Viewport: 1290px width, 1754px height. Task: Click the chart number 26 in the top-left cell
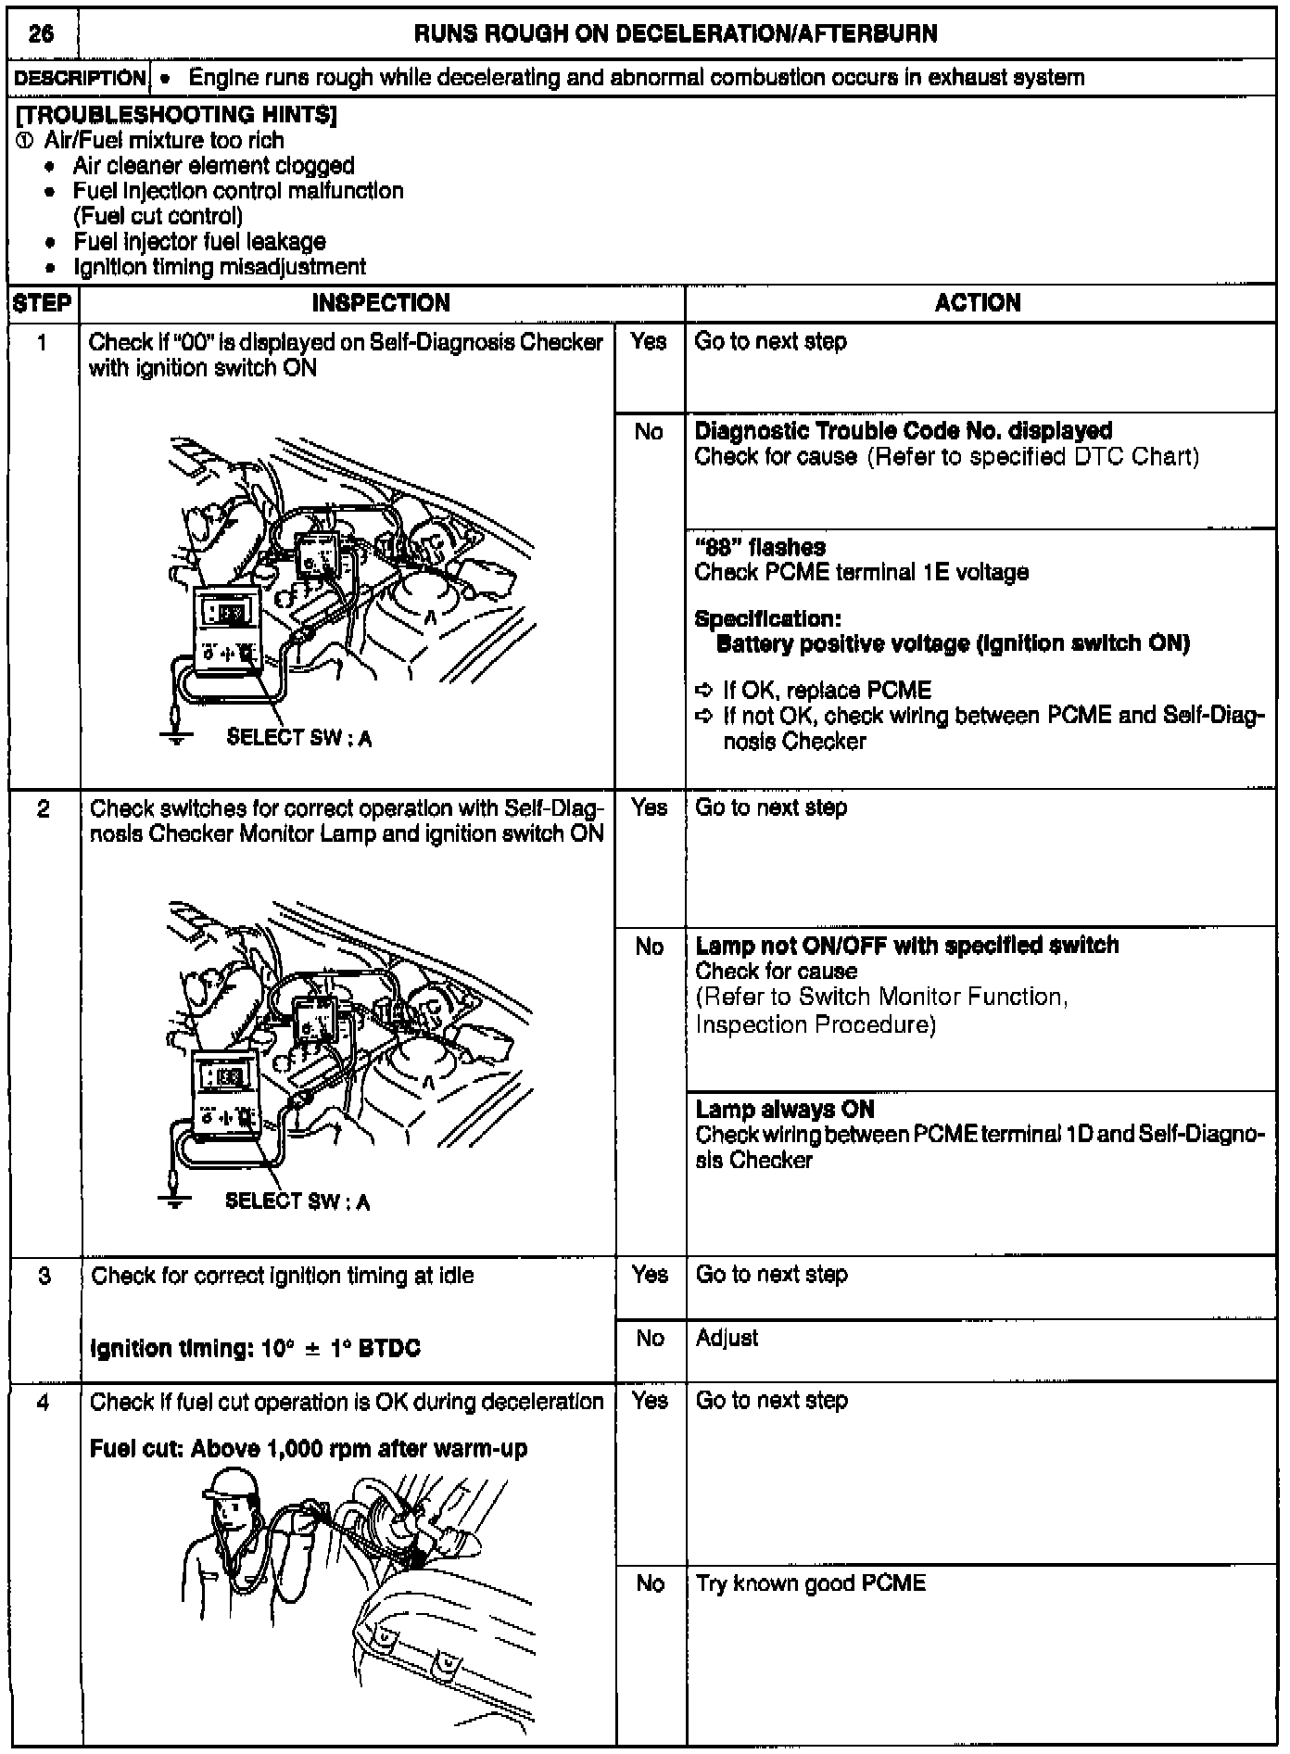[41, 34]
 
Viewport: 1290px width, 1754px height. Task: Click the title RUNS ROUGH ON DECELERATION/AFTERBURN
[676, 34]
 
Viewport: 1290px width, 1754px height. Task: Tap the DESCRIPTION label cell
[80, 78]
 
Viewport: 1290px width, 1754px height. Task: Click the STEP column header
[43, 303]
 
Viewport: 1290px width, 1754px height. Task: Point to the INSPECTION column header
[381, 303]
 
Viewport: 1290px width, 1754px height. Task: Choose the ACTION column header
[978, 303]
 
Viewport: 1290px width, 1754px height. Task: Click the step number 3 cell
[44, 1276]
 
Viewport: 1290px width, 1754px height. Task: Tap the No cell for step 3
[650, 1338]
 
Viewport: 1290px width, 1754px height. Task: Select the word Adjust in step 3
[727, 1338]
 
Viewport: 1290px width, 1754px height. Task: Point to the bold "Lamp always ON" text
[784, 1109]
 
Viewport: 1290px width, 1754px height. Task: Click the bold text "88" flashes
[760, 547]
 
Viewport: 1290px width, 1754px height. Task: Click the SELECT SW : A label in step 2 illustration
[297, 1201]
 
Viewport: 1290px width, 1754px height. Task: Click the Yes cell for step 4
[650, 1400]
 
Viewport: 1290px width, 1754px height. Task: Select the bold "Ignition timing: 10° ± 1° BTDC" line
[255, 1348]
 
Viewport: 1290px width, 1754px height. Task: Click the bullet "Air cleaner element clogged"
[213, 166]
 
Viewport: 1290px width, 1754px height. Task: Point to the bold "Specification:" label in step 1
[767, 618]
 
